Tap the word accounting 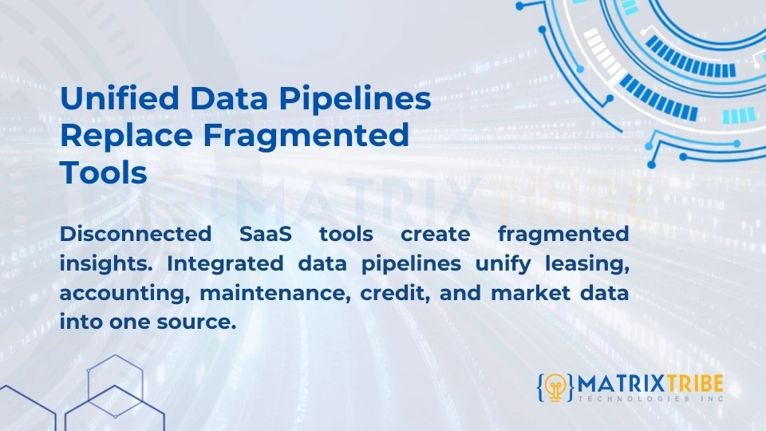tap(123, 293)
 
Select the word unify tap(501, 263)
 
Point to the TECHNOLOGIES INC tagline tap(650, 398)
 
